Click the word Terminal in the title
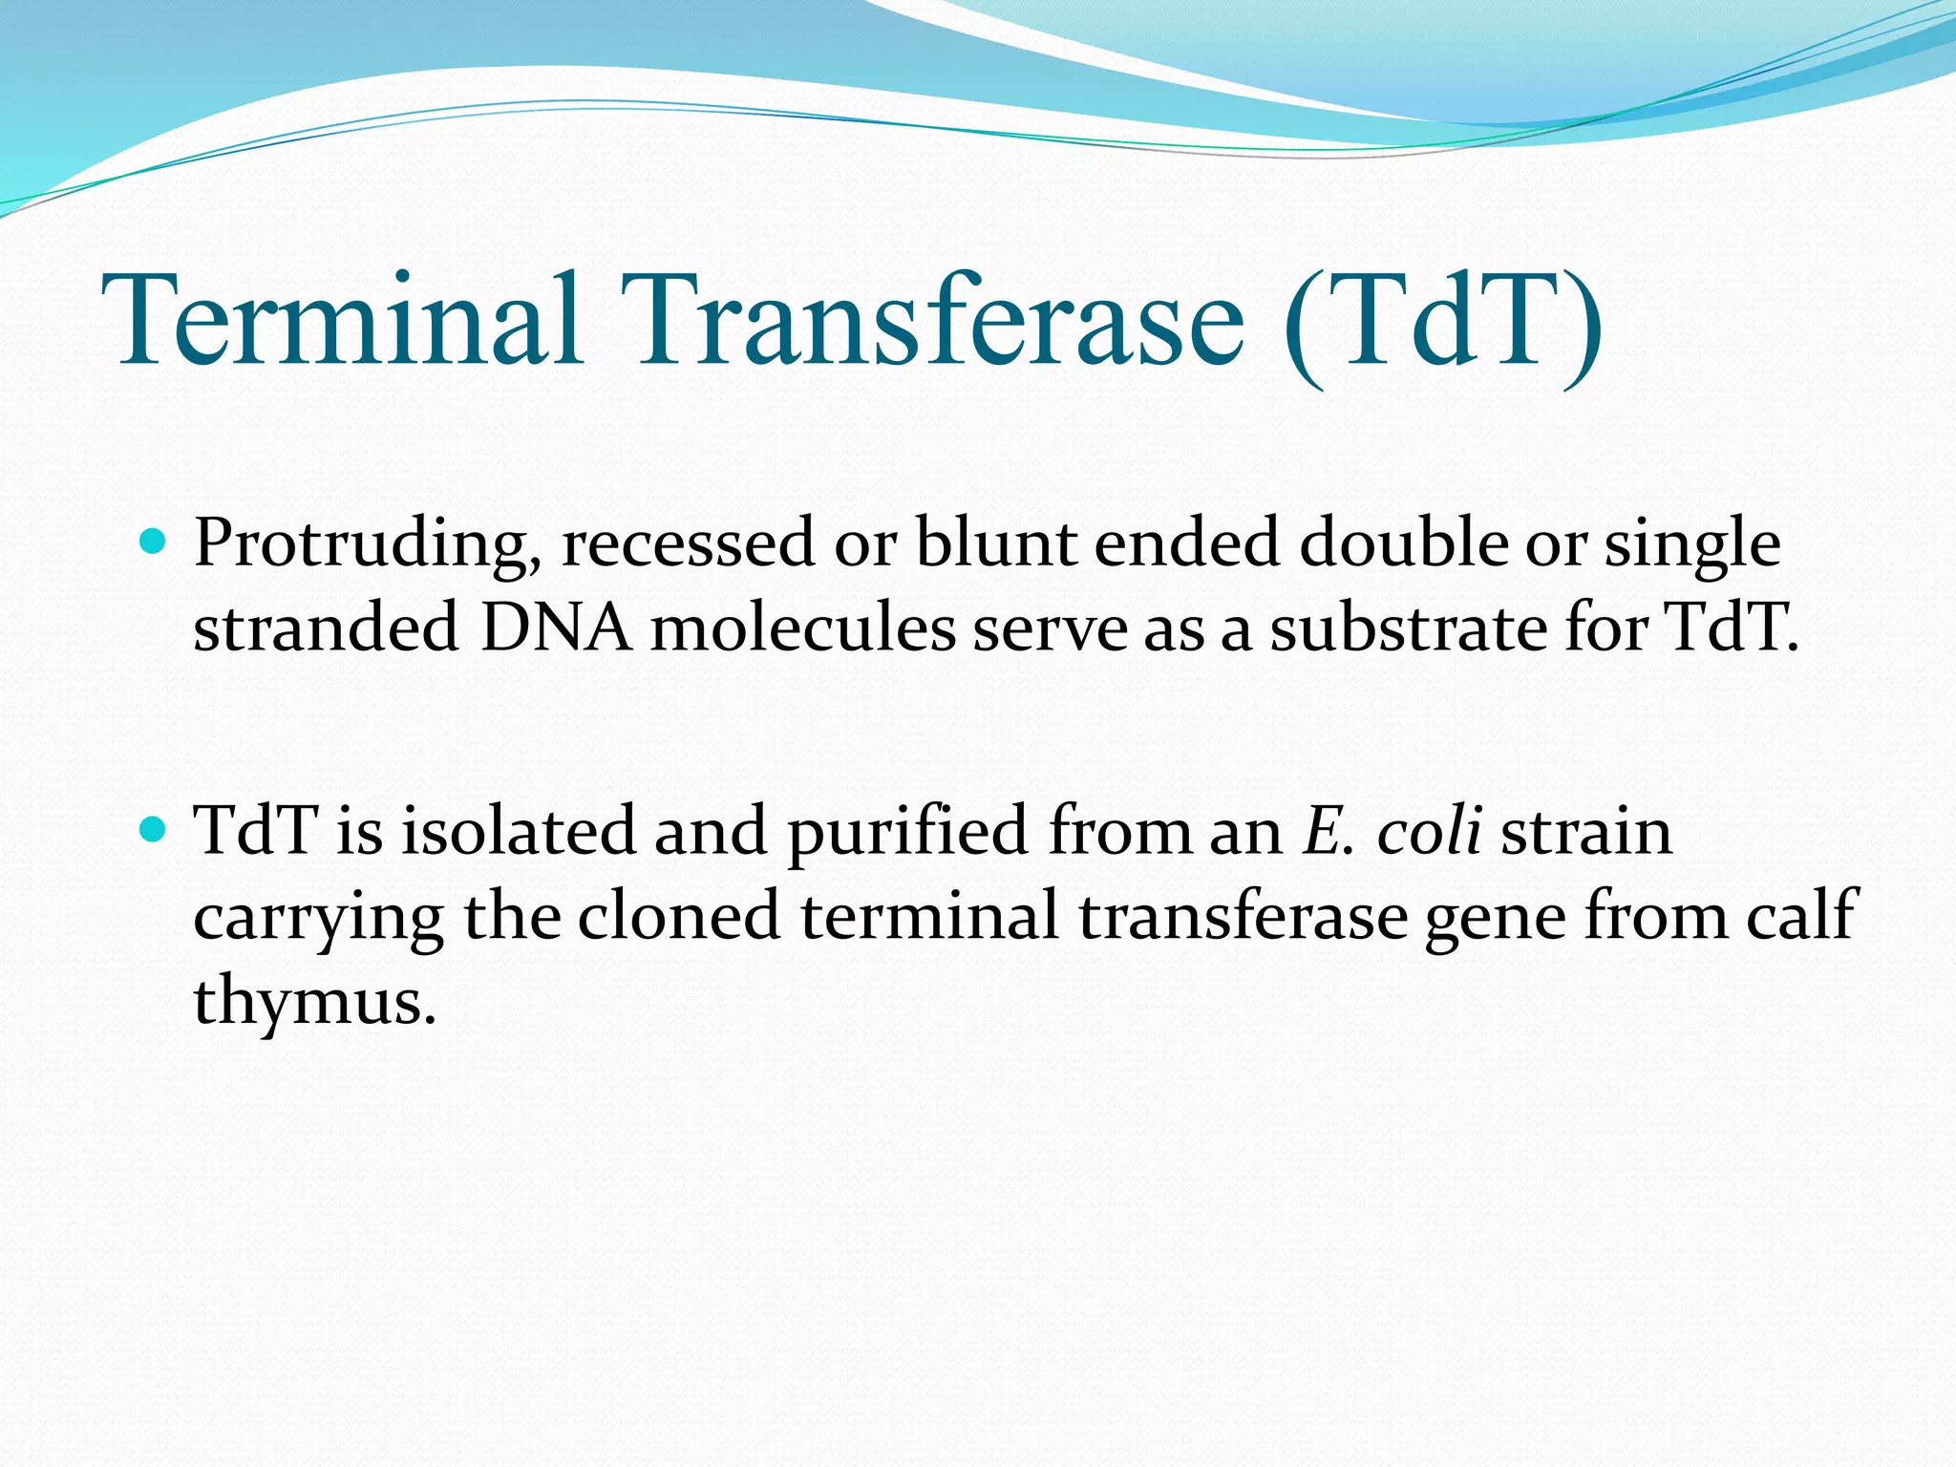pos(344,320)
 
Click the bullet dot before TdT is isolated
pos(152,828)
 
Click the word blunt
pos(994,542)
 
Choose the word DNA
pos(556,628)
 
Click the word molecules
pos(803,628)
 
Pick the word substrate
pos(1408,628)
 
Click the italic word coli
pos(1429,830)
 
